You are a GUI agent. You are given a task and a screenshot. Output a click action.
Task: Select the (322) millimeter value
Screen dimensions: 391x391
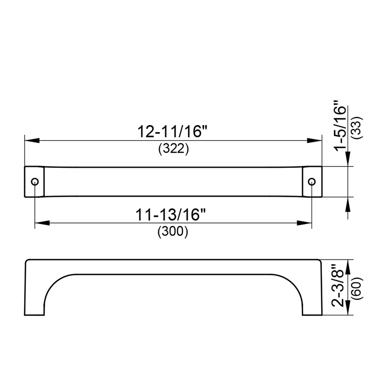[173, 149]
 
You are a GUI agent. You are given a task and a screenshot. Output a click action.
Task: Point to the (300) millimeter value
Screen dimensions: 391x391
[173, 232]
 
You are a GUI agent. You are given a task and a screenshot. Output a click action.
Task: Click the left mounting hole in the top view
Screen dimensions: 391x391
[34, 182]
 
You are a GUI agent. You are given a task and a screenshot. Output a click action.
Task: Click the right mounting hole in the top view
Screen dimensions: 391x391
[311, 182]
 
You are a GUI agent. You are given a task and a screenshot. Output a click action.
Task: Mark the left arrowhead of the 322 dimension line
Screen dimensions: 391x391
[31, 141]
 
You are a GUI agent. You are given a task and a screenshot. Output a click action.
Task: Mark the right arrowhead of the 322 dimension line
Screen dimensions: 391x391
[315, 141]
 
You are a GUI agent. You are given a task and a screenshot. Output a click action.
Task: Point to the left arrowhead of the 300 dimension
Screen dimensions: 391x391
[42, 224]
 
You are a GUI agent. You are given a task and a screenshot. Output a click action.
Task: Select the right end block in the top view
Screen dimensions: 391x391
[312, 182]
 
